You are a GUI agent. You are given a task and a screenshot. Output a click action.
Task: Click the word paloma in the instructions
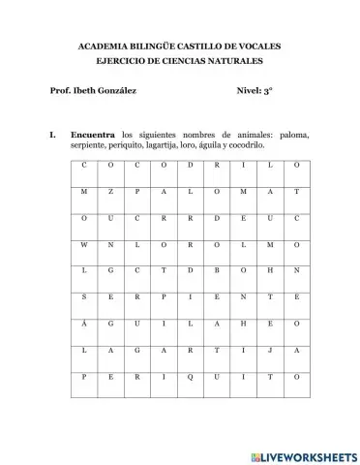(293, 132)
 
